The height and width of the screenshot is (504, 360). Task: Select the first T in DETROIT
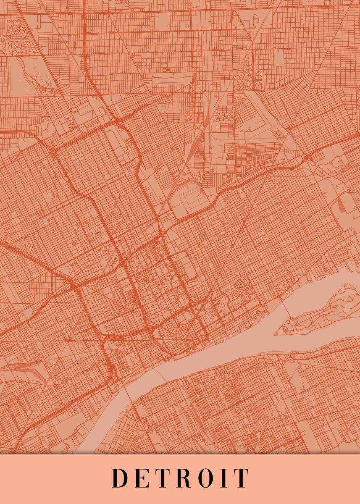pos(163,478)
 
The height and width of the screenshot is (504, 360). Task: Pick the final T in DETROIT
pos(242,478)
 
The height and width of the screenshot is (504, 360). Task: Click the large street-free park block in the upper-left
pos(19,71)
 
